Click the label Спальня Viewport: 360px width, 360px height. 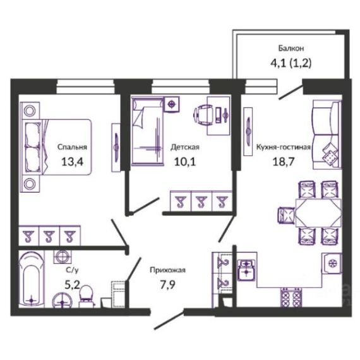coord(72,147)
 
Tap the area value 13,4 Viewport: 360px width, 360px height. coord(72,162)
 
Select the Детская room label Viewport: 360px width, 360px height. coord(185,147)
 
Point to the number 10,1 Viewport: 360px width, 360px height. coord(185,162)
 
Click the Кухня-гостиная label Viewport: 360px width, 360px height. coord(284,147)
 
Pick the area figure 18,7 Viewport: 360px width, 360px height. coord(284,162)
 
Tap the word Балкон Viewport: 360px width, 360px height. coord(291,48)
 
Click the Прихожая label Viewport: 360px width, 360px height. coord(167,270)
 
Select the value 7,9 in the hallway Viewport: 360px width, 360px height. coord(167,285)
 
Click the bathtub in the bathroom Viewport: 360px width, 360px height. coord(32,279)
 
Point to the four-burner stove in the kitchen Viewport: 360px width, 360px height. coord(291,297)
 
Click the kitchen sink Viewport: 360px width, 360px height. coord(246,270)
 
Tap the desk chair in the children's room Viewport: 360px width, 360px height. coord(203,115)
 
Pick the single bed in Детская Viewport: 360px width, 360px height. coord(148,131)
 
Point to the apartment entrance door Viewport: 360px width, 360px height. coord(169,320)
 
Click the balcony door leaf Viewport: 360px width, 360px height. coord(291,92)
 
